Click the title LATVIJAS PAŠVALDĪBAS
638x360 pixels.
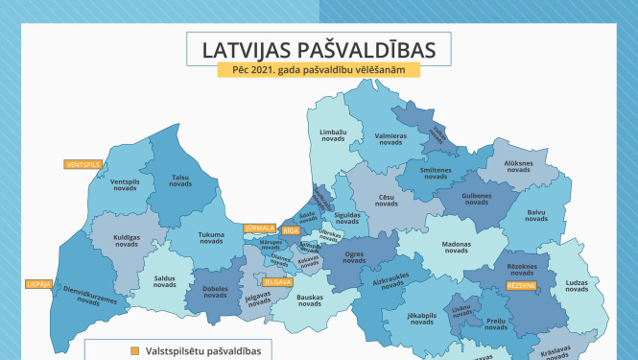tap(319, 49)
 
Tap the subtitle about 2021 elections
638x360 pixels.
tap(319, 72)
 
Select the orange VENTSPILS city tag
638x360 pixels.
tap(83, 164)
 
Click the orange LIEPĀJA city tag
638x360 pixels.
tap(38, 284)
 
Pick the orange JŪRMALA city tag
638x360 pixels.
tap(260, 228)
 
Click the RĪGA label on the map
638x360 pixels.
tap(291, 231)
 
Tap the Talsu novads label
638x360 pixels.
tap(180, 180)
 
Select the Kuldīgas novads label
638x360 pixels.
tap(127, 240)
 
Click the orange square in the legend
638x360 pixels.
tap(135, 349)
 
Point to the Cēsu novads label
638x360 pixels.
tap(386, 200)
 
